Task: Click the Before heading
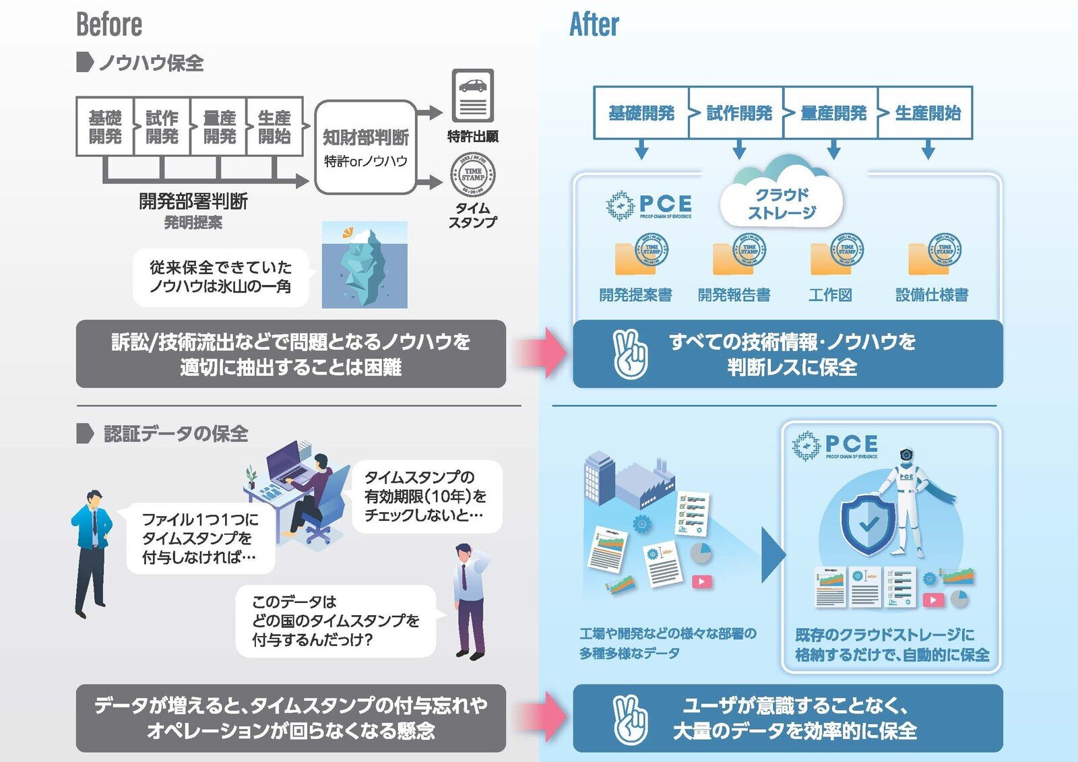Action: point(109,25)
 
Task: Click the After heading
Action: point(594,25)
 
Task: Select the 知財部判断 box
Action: point(365,147)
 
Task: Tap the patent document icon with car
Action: point(472,95)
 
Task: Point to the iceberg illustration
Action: point(364,265)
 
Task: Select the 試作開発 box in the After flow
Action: point(738,113)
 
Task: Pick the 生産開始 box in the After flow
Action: point(927,113)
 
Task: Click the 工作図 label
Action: point(830,294)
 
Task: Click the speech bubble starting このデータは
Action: point(336,621)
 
